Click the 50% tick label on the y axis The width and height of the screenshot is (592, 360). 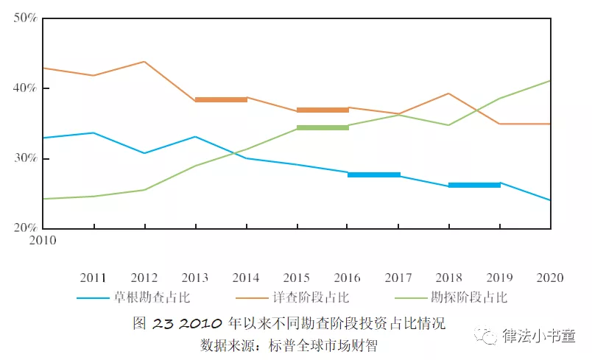coord(25,18)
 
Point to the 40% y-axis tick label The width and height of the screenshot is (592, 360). coord(25,88)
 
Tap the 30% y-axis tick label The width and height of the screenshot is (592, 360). coord(25,159)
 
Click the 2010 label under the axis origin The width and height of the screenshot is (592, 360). coord(42,240)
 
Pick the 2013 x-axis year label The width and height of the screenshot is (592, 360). coord(194,278)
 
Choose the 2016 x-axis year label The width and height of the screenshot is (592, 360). coord(347,278)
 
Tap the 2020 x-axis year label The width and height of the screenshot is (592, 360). coord(550,278)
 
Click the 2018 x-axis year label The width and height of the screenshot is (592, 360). coord(448,278)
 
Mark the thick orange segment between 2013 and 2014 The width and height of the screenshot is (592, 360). coord(221,99)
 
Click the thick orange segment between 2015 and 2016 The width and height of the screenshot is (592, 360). coord(323,110)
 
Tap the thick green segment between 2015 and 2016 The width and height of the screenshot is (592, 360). coord(323,127)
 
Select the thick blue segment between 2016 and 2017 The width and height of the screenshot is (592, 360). coord(373,174)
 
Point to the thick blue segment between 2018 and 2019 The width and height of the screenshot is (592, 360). coord(474,185)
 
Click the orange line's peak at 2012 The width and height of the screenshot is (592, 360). coord(144,61)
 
